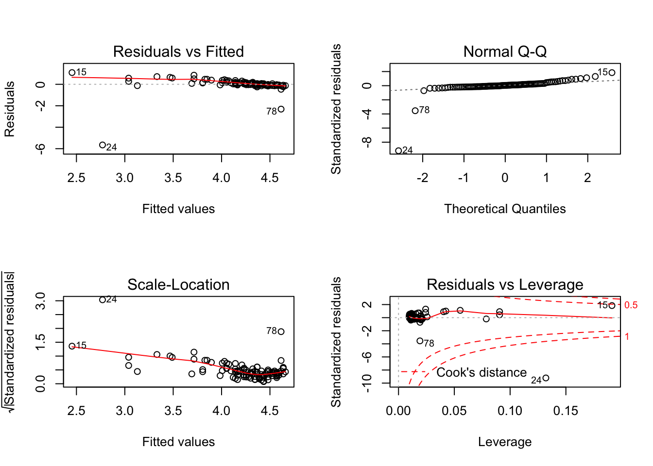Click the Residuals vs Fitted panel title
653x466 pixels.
point(178,51)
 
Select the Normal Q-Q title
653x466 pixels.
point(505,51)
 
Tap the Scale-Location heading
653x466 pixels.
point(178,284)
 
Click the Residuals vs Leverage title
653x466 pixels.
point(505,284)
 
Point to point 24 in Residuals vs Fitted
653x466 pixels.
point(103,145)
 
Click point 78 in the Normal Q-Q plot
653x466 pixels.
point(415,111)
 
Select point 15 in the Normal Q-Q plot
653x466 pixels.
point(612,73)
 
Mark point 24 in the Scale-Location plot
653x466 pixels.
point(103,300)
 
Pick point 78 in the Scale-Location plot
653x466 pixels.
point(281,332)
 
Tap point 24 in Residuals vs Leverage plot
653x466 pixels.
point(546,378)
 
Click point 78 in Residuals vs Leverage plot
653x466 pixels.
point(420,341)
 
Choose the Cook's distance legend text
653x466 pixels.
point(481,372)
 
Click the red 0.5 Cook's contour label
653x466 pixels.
point(631,305)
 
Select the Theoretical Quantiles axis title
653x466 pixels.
point(505,209)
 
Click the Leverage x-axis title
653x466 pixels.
point(505,442)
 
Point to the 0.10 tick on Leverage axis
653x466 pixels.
point(510,411)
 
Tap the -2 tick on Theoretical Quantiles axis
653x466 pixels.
point(422,178)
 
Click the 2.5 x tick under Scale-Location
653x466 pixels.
point(76,411)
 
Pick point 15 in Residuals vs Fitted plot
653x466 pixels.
point(72,73)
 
